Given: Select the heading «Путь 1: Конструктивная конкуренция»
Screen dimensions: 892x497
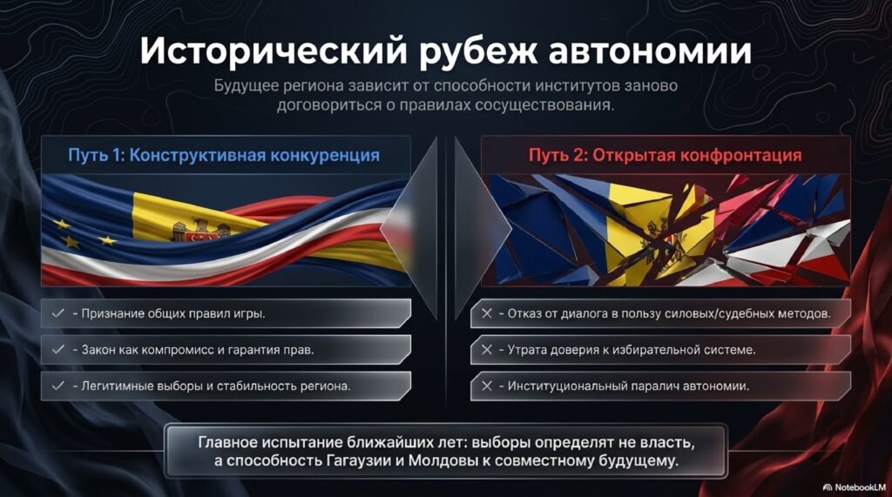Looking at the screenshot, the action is [224, 155].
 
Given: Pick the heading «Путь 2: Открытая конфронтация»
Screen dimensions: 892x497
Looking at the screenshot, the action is [665, 155].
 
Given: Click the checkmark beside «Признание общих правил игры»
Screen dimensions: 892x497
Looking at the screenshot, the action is [58, 313].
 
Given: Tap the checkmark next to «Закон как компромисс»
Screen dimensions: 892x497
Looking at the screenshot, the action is [58, 350].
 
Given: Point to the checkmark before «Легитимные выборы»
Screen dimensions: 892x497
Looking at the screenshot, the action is [58, 386].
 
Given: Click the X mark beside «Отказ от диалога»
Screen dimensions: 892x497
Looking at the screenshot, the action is [487, 313].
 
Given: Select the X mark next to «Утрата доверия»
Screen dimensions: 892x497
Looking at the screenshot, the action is [487, 350].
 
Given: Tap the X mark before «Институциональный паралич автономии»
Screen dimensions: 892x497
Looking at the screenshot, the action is [487, 386].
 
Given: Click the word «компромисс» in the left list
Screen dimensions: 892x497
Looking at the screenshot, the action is [174, 350].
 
